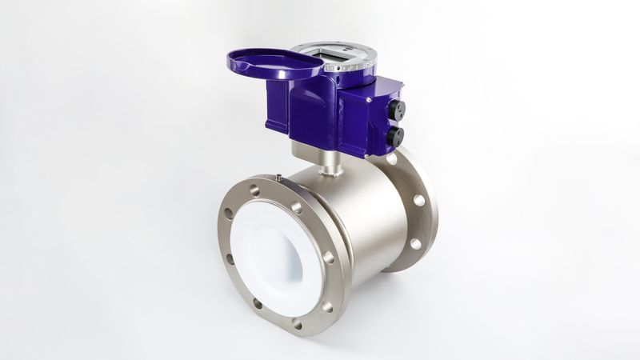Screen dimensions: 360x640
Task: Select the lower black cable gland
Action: (x=395, y=137)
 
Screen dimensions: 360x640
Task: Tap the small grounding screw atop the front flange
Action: (x=276, y=177)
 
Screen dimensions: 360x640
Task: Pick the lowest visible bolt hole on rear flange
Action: (x=415, y=243)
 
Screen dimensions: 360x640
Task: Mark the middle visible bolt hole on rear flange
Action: (x=419, y=200)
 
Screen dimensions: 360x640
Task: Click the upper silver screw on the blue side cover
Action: (x=366, y=103)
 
